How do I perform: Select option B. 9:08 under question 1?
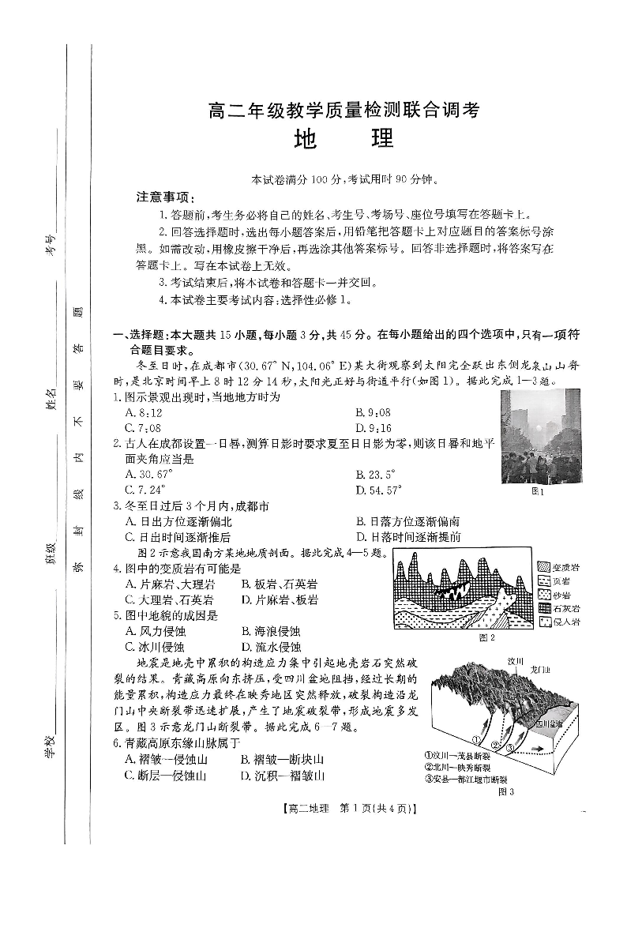coord(374,412)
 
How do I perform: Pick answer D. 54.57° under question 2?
coord(378,490)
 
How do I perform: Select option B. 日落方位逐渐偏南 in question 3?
coord(408,521)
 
